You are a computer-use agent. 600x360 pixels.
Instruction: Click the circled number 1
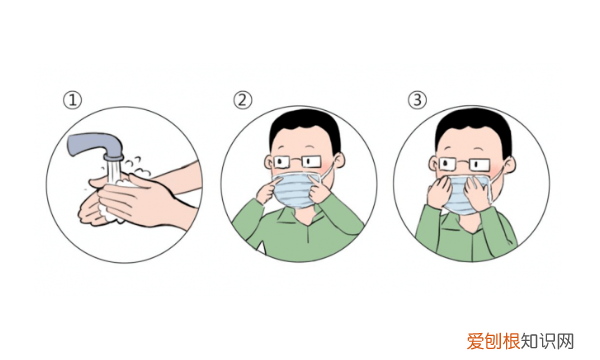(x=72, y=100)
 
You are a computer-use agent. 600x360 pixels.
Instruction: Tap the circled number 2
(x=243, y=100)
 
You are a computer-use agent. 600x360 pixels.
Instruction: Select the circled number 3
(x=417, y=100)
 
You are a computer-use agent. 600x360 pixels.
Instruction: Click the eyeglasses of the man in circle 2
(x=298, y=162)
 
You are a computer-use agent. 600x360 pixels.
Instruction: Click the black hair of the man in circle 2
(x=305, y=126)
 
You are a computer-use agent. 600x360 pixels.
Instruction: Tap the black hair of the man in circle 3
(x=474, y=126)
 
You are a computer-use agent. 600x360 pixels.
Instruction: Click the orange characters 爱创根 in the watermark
(x=493, y=341)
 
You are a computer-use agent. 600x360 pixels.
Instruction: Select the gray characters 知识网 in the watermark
(x=547, y=341)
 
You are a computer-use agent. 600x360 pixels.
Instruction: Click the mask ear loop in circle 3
(x=497, y=184)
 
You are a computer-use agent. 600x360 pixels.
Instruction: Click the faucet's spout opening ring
(x=114, y=158)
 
